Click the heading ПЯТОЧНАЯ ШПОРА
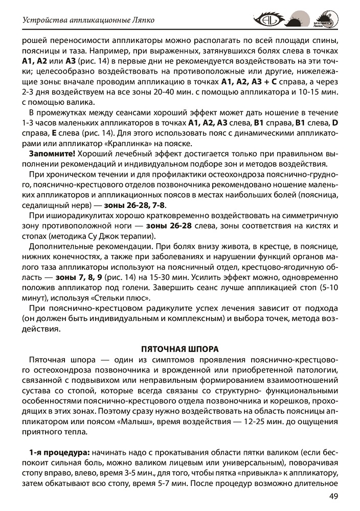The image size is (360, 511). pos(179,349)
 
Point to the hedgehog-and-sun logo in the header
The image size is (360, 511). pos(297,21)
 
